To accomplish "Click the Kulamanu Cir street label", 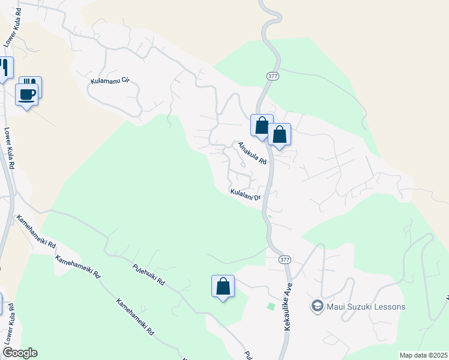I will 110,81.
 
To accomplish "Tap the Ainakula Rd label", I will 252,154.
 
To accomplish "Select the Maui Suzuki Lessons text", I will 366,307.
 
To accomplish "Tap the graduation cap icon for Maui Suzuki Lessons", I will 317,307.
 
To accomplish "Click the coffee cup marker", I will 26,94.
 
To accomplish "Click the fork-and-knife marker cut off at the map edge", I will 5,68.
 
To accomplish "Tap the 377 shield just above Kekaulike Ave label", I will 285,260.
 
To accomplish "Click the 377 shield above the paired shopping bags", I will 273,76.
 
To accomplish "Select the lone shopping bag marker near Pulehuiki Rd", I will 223,286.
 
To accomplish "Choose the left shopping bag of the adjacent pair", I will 262,125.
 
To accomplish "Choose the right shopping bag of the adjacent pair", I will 279,134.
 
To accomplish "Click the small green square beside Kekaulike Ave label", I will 271,307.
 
